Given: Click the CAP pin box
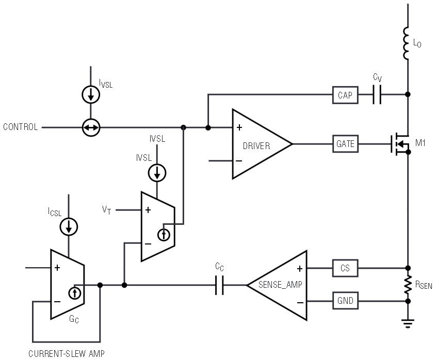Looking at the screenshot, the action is click(x=345, y=95).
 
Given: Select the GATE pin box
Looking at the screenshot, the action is click(x=345, y=144).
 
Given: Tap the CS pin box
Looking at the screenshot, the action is click(x=345, y=268).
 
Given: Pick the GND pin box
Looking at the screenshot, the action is click(x=345, y=301).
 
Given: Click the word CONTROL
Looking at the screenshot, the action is click(x=20, y=127).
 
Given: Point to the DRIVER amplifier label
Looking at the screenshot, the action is click(x=256, y=146).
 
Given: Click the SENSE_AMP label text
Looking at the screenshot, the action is click(x=280, y=284).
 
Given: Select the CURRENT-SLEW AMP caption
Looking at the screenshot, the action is click(x=67, y=354).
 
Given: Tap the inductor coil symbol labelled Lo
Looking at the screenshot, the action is click(x=406, y=43).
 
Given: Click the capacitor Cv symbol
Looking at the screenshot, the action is click(x=377, y=95).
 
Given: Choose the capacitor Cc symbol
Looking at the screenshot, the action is click(x=219, y=285).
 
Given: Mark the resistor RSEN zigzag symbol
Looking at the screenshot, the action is click(x=408, y=285).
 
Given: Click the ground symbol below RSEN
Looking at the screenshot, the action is click(x=408, y=323).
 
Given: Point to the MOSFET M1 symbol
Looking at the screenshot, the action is click(x=400, y=144).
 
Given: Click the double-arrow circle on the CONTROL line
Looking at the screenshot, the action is click(x=91, y=127).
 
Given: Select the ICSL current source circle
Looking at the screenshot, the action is click(x=69, y=226).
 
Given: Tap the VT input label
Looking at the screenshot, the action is click(x=106, y=210).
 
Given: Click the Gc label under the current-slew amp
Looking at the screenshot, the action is click(x=74, y=319).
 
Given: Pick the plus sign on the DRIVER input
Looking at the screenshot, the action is click(x=239, y=127).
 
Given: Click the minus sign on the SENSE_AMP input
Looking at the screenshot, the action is click(x=300, y=302).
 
